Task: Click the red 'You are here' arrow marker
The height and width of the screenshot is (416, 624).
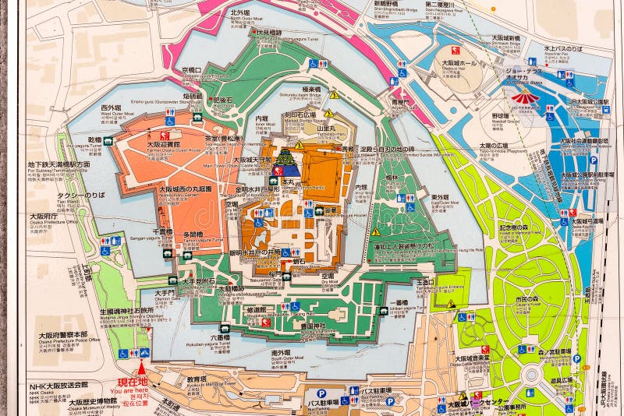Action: (141, 367)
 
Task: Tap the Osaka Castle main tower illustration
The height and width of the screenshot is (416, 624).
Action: (286, 158)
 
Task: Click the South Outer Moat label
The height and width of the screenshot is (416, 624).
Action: (281, 354)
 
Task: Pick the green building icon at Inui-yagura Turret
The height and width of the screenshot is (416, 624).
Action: (108, 142)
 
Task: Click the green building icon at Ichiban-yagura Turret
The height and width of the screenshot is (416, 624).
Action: (383, 311)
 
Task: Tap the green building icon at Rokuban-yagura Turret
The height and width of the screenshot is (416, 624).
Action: (225, 329)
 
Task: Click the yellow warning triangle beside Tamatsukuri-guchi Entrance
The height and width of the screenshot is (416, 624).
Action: (450, 303)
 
